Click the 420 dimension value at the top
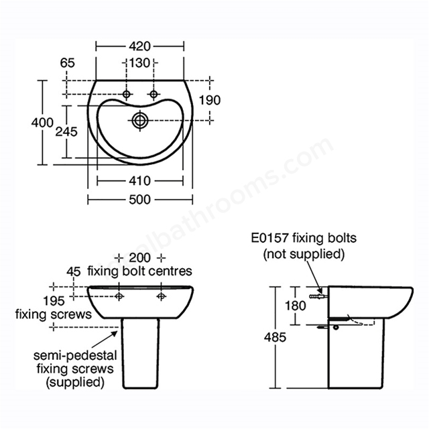click(x=140, y=46)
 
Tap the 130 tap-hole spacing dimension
click(x=139, y=63)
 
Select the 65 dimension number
click(x=67, y=63)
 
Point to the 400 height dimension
click(x=42, y=122)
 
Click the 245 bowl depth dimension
click(x=66, y=132)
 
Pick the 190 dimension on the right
click(x=210, y=100)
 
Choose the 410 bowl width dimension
click(x=140, y=181)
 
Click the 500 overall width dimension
click(x=140, y=200)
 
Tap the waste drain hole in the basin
click(x=140, y=120)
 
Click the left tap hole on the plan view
click(x=127, y=95)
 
